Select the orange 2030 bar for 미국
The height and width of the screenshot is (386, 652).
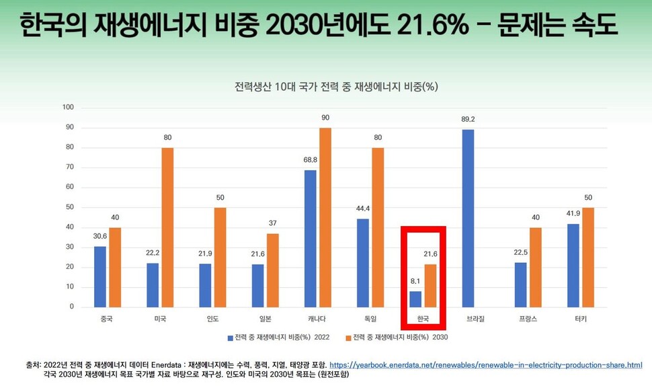pos(167,227)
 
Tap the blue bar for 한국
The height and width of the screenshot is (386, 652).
pos(416,299)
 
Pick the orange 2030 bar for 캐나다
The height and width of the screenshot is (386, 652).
pos(325,217)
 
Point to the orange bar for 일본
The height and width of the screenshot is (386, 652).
pos(273,270)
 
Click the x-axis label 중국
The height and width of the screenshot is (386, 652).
pos(106,319)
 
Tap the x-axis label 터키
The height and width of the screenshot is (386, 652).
pos(580,319)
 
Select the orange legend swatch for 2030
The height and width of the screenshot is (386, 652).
pos(348,336)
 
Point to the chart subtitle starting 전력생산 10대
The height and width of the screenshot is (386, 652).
pos(337,87)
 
